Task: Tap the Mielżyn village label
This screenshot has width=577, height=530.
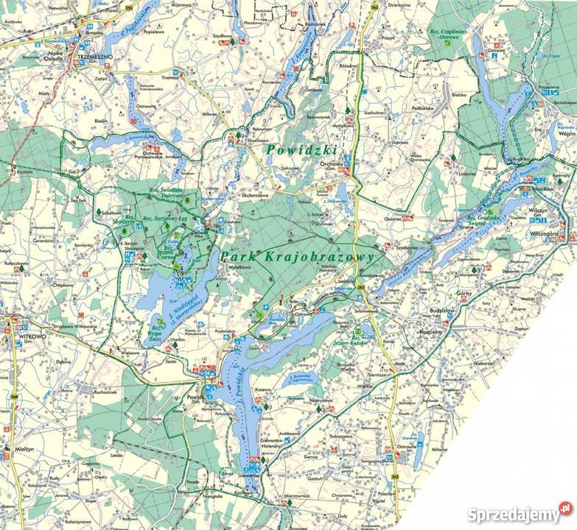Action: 21,447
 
